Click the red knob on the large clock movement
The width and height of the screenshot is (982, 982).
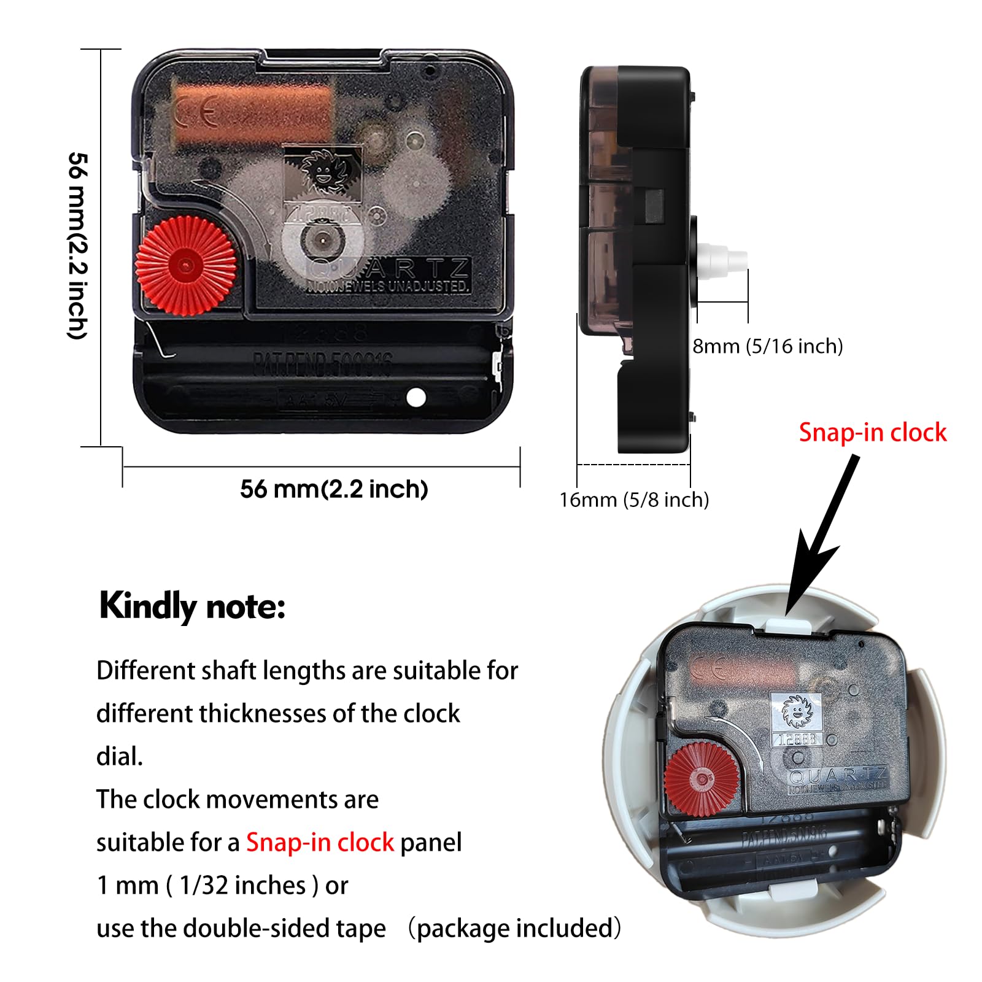[185, 266]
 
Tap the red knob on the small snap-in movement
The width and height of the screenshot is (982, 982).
[701, 779]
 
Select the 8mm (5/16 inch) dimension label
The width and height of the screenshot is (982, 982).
[767, 346]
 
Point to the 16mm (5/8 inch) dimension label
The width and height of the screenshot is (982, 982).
[634, 500]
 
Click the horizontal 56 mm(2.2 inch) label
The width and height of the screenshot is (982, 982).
[334, 489]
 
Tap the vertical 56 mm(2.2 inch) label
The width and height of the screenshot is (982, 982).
[78, 245]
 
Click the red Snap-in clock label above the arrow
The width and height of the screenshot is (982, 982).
[872, 433]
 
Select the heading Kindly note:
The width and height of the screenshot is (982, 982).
[192, 606]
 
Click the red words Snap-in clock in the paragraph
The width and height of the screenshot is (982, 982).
[320, 843]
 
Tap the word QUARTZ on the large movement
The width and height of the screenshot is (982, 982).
[405, 269]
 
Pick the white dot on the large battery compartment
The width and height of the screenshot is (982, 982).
[416, 398]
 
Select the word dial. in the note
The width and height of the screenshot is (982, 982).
[120, 757]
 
